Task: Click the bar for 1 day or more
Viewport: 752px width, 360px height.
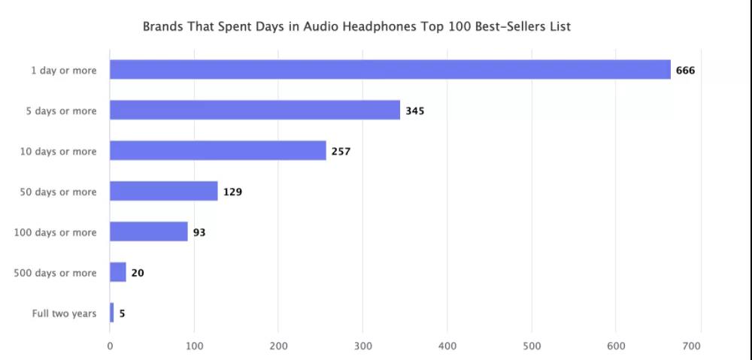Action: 390,70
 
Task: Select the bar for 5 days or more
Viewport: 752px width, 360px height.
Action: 255,110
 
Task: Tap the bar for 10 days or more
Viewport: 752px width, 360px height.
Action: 218,151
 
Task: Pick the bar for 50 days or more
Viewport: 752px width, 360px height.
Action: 164,192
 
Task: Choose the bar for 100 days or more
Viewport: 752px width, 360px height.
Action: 149,232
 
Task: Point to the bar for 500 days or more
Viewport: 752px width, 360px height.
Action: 118,273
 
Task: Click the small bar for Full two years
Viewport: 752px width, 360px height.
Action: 112,313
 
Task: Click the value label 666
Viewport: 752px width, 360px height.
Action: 685,71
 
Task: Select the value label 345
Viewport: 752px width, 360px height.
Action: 415,111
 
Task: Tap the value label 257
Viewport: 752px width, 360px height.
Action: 341,152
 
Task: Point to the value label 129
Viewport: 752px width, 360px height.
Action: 232,192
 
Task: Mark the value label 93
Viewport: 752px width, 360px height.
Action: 199,233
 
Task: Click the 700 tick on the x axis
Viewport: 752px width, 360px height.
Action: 692,346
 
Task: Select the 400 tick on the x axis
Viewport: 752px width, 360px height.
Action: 447,346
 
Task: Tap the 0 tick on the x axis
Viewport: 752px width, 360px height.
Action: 110,346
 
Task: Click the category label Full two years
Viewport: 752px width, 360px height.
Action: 64,313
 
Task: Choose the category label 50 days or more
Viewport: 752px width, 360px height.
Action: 58,192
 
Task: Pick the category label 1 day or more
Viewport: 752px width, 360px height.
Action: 63,70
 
